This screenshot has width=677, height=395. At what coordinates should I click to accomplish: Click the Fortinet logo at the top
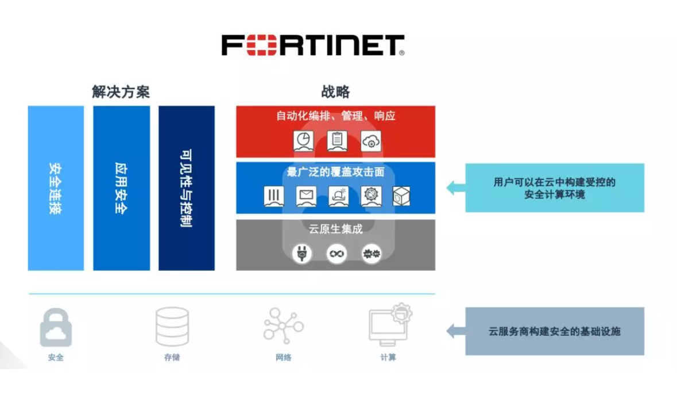tap(313, 45)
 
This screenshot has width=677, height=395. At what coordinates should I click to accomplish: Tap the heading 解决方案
tap(121, 92)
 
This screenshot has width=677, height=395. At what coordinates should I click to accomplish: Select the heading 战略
tap(335, 92)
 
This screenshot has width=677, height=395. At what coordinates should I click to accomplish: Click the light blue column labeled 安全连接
tap(56, 188)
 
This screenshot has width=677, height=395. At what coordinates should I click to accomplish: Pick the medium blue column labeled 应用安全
tap(121, 188)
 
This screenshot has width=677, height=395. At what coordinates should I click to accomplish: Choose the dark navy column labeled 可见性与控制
tap(187, 188)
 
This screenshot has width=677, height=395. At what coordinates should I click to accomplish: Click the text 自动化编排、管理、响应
tap(336, 116)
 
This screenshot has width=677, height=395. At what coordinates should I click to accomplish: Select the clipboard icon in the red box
tap(337, 141)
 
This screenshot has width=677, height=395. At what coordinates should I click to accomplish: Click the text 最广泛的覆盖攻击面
tap(336, 171)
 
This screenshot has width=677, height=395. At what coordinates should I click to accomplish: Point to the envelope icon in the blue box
tap(306, 197)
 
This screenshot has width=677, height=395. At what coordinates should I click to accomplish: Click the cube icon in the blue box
tap(401, 197)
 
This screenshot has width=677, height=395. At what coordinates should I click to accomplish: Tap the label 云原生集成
tap(336, 229)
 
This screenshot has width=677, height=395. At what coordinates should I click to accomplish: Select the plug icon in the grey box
tap(301, 253)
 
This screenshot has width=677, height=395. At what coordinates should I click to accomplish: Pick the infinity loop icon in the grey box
tap(336, 253)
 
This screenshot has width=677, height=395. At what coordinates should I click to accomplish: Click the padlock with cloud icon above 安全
tap(56, 327)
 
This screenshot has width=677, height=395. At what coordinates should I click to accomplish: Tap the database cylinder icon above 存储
tap(172, 326)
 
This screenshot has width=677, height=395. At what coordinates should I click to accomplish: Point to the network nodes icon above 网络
tap(283, 325)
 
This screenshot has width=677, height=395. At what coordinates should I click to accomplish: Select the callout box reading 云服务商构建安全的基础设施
tap(554, 331)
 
